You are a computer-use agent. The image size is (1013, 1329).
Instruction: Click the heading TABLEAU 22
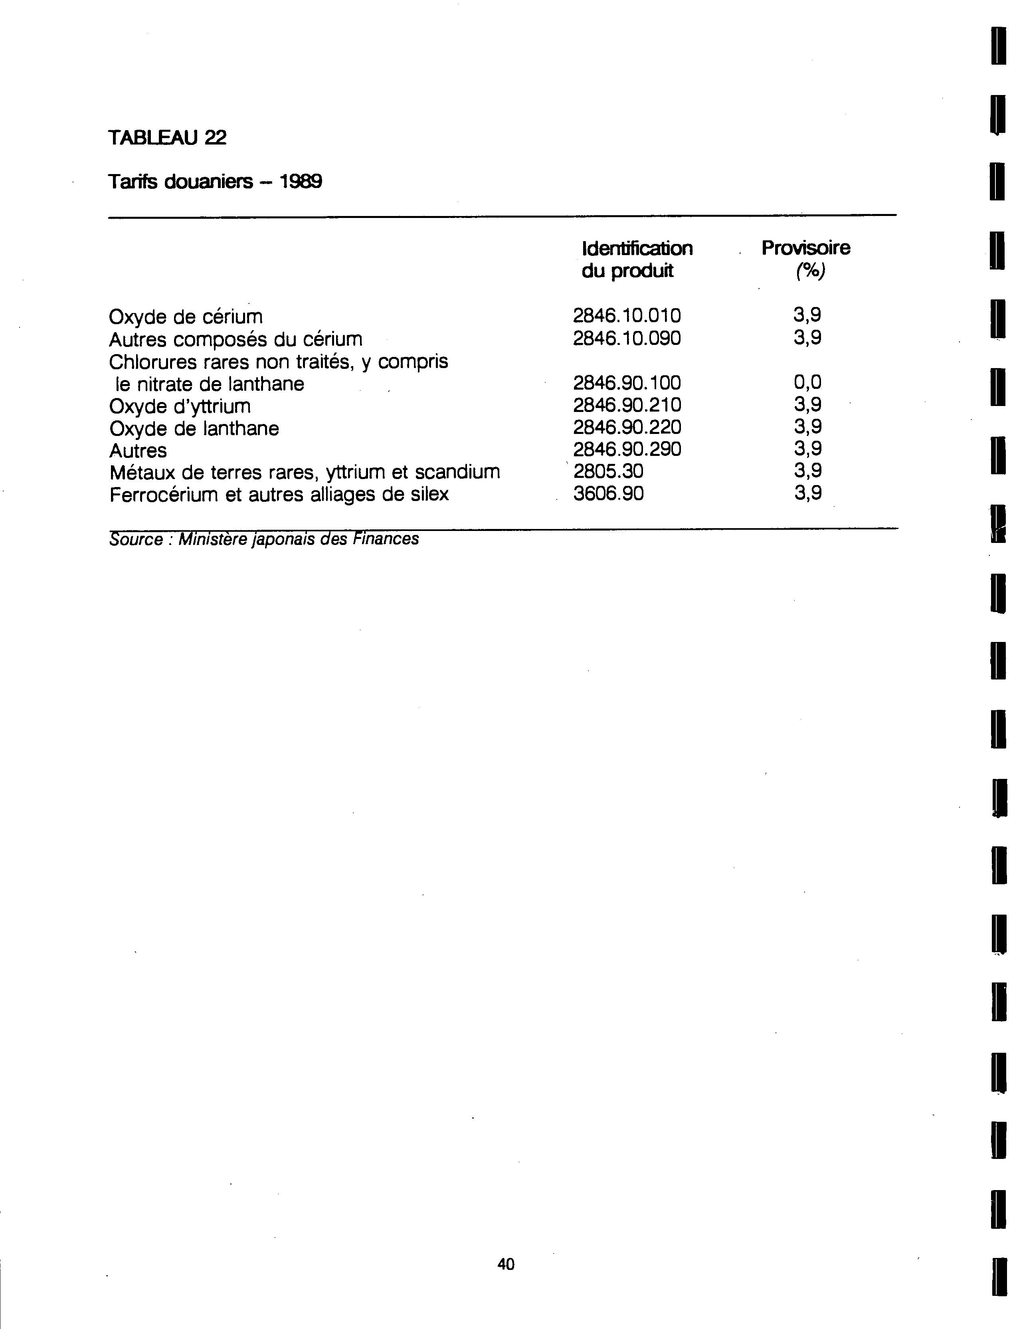(x=167, y=138)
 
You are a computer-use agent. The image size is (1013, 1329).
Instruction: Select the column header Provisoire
(x=805, y=248)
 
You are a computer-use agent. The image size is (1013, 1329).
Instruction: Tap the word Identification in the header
(x=637, y=248)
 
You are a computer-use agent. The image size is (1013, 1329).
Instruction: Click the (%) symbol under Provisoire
(x=809, y=271)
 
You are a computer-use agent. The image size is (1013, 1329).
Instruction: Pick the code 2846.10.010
(x=627, y=315)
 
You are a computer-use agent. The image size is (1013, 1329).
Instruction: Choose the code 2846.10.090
(x=627, y=338)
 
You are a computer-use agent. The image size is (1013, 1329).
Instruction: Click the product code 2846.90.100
(x=627, y=383)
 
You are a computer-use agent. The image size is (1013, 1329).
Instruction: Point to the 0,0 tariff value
(x=807, y=382)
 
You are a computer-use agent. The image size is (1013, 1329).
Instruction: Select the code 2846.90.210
(x=627, y=405)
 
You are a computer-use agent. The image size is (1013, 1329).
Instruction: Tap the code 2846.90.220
(x=627, y=428)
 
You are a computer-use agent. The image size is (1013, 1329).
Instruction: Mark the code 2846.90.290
(x=627, y=449)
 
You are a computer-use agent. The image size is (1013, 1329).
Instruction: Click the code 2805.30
(x=608, y=471)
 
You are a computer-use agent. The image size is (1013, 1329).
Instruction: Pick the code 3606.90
(x=608, y=494)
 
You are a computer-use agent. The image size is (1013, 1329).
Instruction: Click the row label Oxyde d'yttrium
(x=180, y=406)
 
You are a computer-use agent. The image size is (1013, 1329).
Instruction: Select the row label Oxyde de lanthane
(x=194, y=429)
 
